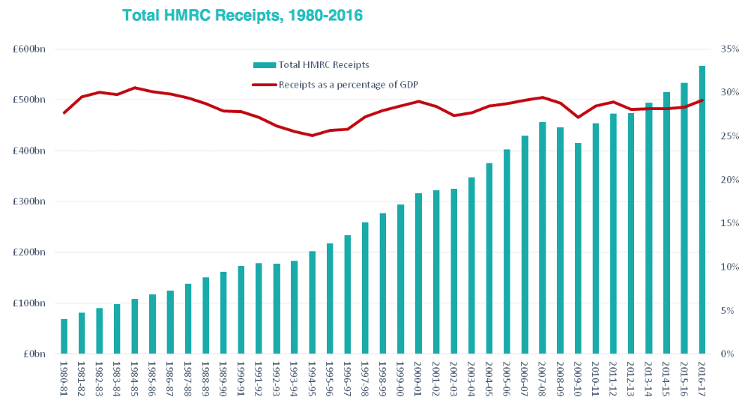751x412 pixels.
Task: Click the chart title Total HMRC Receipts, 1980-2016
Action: tap(243, 15)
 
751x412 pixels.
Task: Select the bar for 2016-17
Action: tap(702, 210)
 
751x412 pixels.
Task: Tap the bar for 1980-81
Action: tap(64, 336)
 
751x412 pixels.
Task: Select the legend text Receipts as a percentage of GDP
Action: tap(348, 85)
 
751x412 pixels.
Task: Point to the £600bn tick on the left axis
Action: tap(30, 49)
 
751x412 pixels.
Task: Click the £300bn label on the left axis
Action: tap(30, 202)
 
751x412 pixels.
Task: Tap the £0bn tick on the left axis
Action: tap(33, 354)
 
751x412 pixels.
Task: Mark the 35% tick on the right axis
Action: tap(728, 49)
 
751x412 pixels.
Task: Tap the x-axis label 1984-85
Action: tap(135, 379)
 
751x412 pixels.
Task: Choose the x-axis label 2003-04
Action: tap(471, 379)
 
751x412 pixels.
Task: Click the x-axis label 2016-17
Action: tap(702, 379)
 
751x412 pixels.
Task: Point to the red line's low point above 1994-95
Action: tap(313, 136)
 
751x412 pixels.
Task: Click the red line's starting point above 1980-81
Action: tap(64, 112)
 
